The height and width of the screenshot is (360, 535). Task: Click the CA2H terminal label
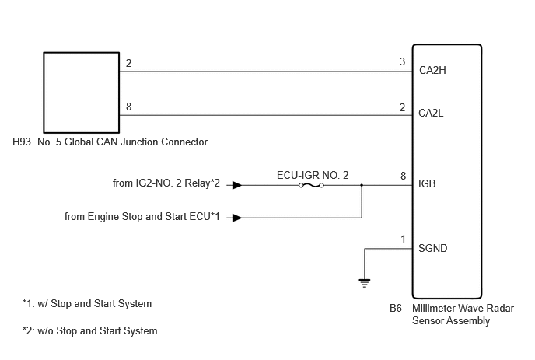[432, 70]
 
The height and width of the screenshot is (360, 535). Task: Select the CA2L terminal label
[431, 113]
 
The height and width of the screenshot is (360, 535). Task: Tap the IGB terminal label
[427, 184]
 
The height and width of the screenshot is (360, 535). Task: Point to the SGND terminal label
[432, 248]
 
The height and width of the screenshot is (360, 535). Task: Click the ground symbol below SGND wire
[365, 283]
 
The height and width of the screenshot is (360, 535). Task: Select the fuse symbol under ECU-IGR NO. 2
[311, 185]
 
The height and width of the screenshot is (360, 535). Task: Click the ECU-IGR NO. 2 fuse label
[313, 176]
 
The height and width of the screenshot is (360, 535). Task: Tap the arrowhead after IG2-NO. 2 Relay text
[237, 185]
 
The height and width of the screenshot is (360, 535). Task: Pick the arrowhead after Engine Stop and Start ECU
[237, 218]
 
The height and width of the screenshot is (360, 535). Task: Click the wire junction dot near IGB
[362, 185]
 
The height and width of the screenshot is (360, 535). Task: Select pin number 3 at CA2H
[403, 61]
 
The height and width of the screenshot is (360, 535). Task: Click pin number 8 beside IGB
[403, 176]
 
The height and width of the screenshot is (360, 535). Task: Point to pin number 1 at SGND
[403, 239]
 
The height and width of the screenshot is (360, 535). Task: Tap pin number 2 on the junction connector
[128, 63]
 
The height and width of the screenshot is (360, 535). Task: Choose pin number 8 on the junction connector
[128, 107]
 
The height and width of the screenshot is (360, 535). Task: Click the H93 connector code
[22, 142]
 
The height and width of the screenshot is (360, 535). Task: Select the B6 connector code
[396, 308]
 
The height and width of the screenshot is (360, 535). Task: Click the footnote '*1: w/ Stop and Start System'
[87, 303]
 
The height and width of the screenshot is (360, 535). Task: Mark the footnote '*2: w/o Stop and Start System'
[89, 330]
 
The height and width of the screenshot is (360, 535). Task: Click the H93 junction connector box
[44, 93]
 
